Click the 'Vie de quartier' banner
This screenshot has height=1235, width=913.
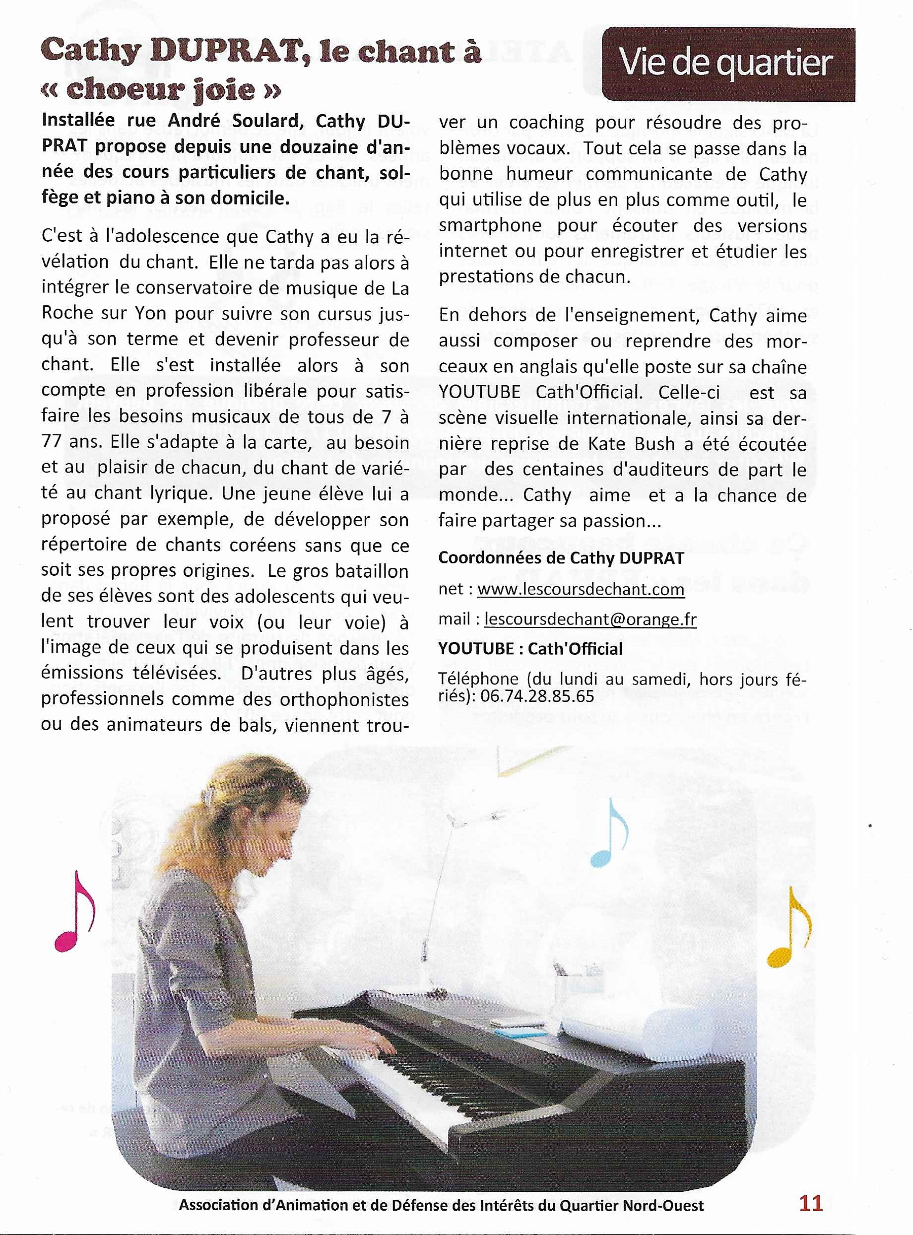727,64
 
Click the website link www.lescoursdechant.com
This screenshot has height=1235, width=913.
581,589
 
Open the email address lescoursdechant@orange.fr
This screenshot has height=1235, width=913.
590,619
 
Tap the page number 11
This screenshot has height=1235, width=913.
811,1204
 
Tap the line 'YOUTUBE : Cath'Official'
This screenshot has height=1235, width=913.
530,648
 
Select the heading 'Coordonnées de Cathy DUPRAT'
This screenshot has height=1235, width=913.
561,558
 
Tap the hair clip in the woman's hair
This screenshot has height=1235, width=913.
208,797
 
